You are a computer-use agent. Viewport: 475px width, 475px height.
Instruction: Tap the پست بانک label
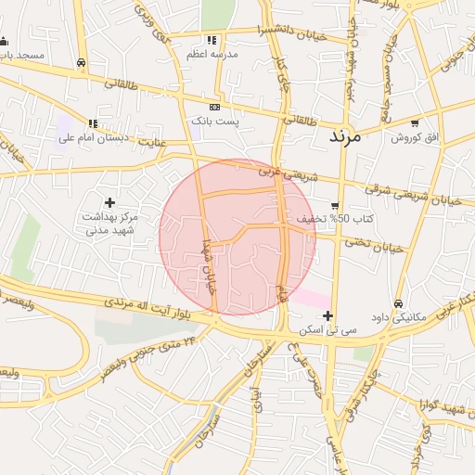pyautogui.click(x=215, y=122)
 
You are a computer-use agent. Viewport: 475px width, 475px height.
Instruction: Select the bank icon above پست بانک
pyautogui.click(x=215, y=108)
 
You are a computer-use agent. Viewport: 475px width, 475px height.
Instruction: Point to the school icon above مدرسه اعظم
pyautogui.click(x=212, y=40)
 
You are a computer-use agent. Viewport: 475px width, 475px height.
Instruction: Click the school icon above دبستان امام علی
pyautogui.click(x=92, y=123)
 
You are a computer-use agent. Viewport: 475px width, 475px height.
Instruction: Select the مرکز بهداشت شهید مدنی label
pyautogui.click(x=110, y=222)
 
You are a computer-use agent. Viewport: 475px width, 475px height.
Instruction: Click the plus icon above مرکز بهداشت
pyautogui.click(x=110, y=201)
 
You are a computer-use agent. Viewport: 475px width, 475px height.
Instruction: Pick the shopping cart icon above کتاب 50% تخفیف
pyautogui.click(x=335, y=205)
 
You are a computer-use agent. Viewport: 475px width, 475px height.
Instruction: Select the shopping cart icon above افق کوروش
pyautogui.click(x=415, y=122)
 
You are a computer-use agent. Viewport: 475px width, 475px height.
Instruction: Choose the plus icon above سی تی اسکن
pyautogui.click(x=327, y=316)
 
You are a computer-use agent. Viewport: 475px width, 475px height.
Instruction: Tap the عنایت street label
pyautogui.click(x=156, y=141)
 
